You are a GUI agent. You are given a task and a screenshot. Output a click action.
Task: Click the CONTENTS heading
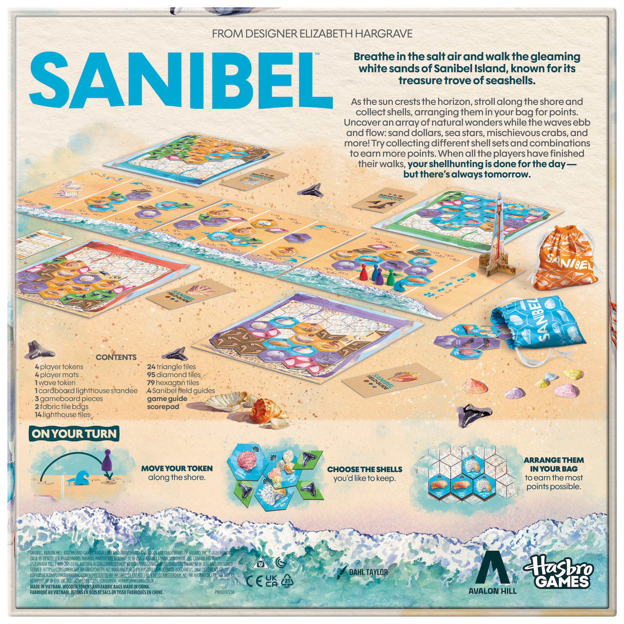pyautogui.click(x=116, y=357)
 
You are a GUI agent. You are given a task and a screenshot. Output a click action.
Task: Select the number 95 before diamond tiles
pyautogui.click(x=151, y=375)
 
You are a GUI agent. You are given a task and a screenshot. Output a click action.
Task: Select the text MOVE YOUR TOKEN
pyautogui.click(x=177, y=468)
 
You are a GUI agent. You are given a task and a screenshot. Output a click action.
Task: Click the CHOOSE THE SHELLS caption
pyautogui.click(x=365, y=469)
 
